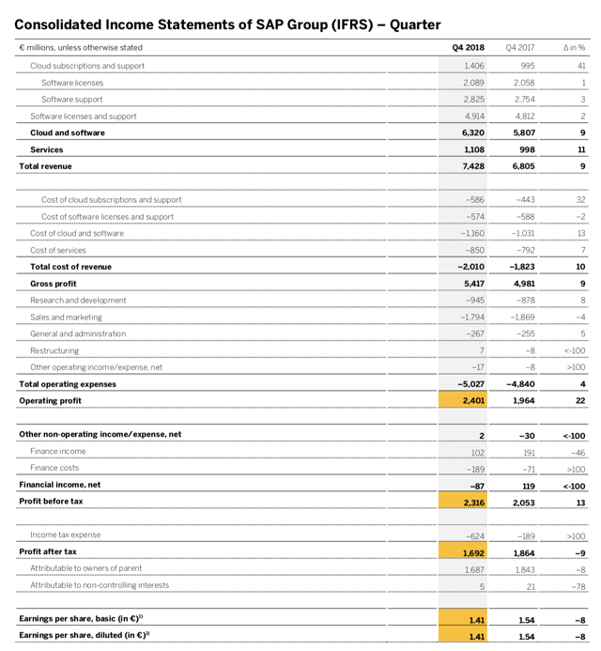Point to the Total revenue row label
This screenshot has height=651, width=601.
[45, 166]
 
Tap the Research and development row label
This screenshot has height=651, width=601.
[78, 300]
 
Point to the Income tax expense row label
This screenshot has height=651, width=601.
[66, 535]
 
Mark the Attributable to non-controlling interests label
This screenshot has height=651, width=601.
[100, 584]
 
